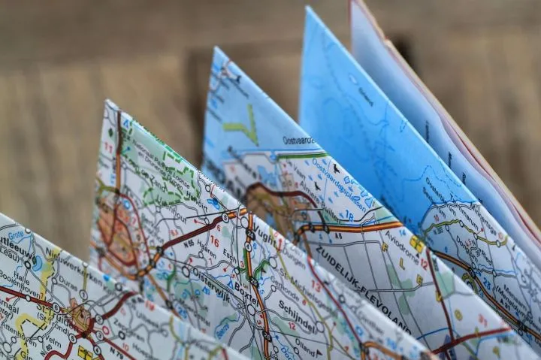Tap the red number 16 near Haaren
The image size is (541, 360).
click(x=214, y=241)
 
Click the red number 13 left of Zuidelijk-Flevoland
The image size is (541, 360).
click(x=316, y=286)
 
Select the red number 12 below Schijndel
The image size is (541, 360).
click(x=292, y=326)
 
